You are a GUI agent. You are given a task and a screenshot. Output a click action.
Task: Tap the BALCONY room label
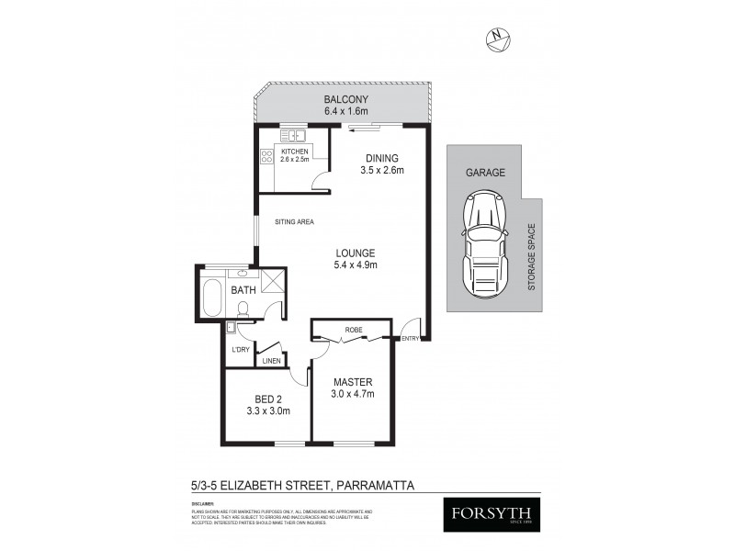tap(345, 99)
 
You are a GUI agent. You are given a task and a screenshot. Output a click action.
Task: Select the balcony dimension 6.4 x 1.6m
tap(345, 111)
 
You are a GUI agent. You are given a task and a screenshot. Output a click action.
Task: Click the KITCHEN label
tap(294, 151)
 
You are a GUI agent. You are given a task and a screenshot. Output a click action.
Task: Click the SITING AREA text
tap(295, 221)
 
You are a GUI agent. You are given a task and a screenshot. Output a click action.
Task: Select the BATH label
tap(243, 291)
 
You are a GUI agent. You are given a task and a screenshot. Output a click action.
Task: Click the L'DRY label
tap(240, 350)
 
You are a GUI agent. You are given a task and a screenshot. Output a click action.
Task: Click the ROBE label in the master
tap(353, 328)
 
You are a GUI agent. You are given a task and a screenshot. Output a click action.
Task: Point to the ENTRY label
tap(409, 339)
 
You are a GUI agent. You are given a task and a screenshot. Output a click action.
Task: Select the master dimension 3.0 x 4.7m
tap(352, 395)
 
